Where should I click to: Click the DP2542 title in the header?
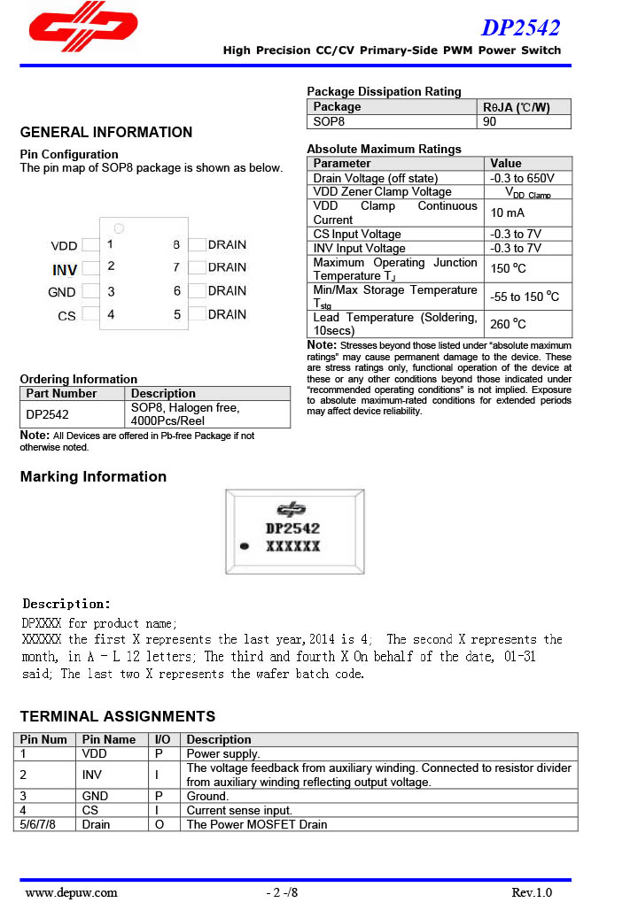pos(520,28)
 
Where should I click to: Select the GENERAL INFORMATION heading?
pos(106,133)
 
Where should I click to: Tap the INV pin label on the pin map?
pos(65,269)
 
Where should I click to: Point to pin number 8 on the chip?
pos(176,244)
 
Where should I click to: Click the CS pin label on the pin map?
pos(66,315)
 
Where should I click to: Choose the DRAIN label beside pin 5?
pos(227,314)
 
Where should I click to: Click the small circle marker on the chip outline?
pos(119,228)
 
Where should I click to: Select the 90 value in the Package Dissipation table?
pos(490,121)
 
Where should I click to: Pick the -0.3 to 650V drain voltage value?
pos(523,178)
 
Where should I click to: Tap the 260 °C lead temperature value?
pos(509,324)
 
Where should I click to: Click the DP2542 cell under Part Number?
pos(48,413)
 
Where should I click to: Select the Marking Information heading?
pos(93,476)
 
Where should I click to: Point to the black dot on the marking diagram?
pos(244,545)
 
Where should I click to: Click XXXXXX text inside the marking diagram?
pos(293,546)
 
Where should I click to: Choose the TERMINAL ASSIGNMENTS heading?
pos(118,716)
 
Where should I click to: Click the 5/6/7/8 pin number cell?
pos(38,824)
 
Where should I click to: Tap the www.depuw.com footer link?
pos(71,892)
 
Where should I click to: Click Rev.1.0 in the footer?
pos(532,892)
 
